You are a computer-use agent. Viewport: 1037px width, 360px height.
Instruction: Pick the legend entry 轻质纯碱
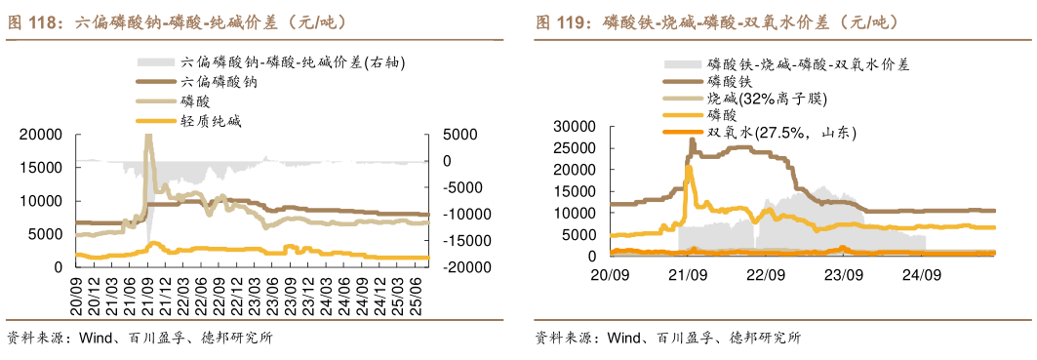tap(210, 121)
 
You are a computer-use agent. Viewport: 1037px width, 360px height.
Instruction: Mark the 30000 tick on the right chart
tap(574, 126)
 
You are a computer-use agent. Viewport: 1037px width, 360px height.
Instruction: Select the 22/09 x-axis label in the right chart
tap(766, 274)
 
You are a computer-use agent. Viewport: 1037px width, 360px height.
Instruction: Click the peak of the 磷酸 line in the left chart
tap(148, 137)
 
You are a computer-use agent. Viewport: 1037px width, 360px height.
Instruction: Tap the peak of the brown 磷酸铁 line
tap(692, 140)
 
